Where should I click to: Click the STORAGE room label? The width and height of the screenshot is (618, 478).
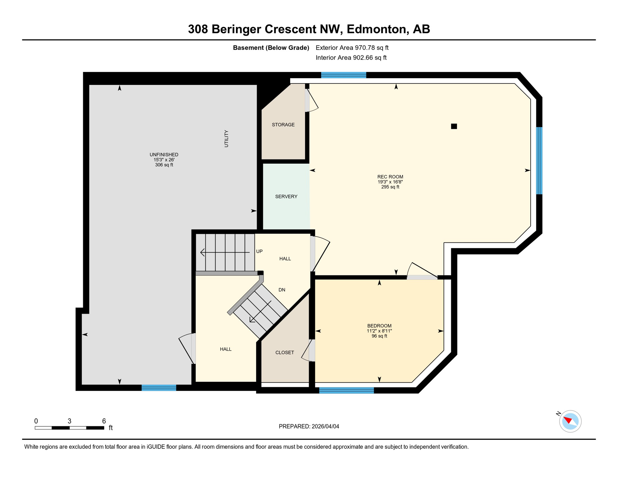(x=283, y=125)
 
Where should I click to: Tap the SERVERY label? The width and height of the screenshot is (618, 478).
(x=286, y=197)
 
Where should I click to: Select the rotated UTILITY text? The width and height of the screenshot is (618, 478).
(x=226, y=139)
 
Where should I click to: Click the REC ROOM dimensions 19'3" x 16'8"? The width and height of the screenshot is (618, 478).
(x=390, y=182)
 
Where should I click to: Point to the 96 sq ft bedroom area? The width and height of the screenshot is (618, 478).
(x=379, y=336)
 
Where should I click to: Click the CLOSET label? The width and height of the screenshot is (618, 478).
(x=284, y=353)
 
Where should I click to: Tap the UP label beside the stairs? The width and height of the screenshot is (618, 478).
(x=259, y=251)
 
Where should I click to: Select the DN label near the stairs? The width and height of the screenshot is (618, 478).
(x=282, y=290)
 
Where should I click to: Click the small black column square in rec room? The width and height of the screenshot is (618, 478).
(x=454, y=126)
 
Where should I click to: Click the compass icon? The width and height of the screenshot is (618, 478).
(x=570, y=421)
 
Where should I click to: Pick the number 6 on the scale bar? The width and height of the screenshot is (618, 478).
(x=104, y=421)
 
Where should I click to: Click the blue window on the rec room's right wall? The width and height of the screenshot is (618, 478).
(x=539, y=161)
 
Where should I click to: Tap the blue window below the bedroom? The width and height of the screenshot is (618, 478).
(x=346, y=391)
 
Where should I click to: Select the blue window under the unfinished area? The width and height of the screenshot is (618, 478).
(x=159, y=388)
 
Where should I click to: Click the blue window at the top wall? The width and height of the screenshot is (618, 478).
(x=344, y=75)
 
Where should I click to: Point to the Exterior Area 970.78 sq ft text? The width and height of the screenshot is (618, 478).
(x=352, y=48)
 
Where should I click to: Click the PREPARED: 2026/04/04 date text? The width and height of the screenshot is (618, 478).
(x=309, y=427)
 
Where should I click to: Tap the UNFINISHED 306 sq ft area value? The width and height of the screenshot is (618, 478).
(x=164, y=165)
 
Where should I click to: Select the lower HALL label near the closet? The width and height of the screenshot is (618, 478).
(x=226, y=349)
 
